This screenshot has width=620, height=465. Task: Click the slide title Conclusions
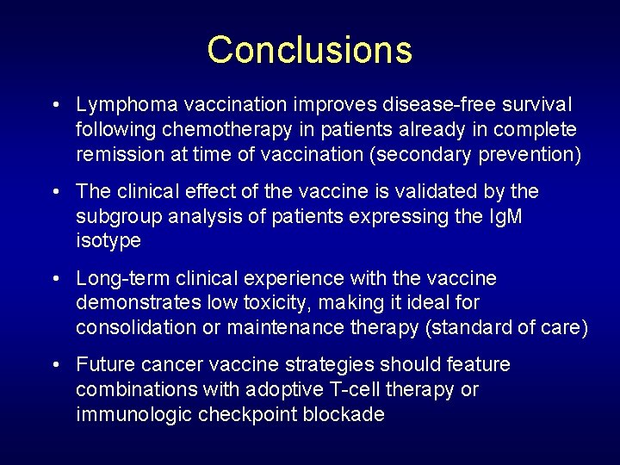(x=309, y=50)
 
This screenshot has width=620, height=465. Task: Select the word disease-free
(x=433, y=104)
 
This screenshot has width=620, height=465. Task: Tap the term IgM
(x=504, y=216)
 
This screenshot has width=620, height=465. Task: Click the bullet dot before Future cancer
(x=55, y=365)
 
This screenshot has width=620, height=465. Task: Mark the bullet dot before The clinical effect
(x=55, y=191)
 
